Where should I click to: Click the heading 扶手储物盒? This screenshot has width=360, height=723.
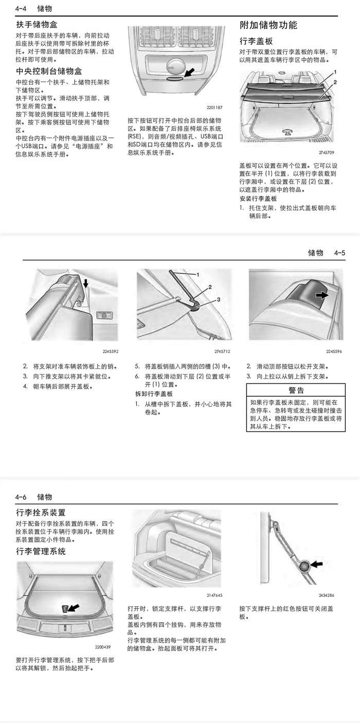(37, 24)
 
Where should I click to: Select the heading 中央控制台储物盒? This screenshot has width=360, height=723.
(49, 71)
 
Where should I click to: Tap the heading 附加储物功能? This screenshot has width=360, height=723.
(268, 25)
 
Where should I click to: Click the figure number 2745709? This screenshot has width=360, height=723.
(326, 153)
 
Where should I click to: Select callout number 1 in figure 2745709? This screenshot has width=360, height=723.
(335, 72)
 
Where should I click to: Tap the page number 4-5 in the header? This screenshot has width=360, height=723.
(339, 253)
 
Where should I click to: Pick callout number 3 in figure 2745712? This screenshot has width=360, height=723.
(218, 299)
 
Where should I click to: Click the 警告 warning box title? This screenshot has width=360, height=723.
(296, 390)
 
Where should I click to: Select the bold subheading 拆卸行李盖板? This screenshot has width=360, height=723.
(154, 394)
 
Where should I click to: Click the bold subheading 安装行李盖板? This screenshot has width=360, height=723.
(258, 198)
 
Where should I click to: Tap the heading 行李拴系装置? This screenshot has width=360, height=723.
(41, 513)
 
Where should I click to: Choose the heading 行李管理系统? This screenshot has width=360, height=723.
(41, 551)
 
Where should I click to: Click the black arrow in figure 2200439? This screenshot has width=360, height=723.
(74, 608)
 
